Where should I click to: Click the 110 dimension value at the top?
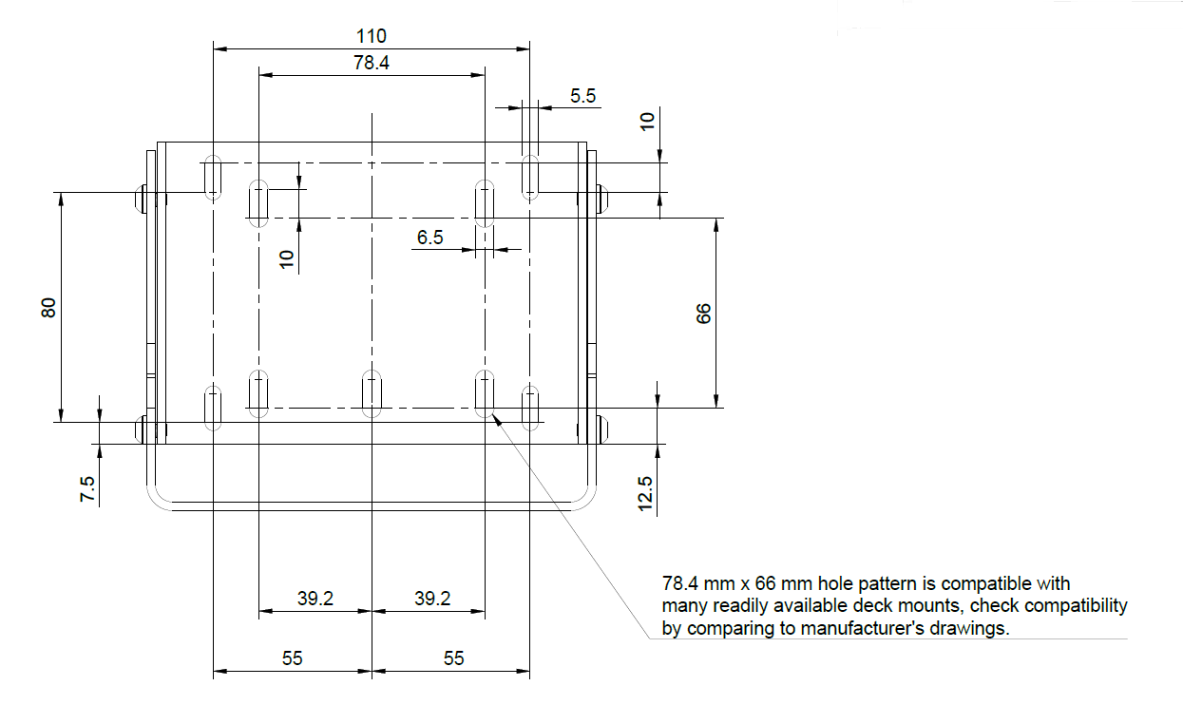[x=372, y=36]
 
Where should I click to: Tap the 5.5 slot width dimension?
[x=582, y=95]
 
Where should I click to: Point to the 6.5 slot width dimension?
[x=429, y=237]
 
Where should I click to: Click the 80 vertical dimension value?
[x=49, y=307]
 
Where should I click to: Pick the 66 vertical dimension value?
[x=703, y=314]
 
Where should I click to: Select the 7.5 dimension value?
[x=87, y=490]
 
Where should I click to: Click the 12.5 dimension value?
[x=646, y=495]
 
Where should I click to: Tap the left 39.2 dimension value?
[x=315, y=599]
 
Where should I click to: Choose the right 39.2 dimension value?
[x=431, y=599]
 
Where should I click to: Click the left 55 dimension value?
[x=293, y=658]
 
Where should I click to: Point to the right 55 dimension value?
[x=454, y=658]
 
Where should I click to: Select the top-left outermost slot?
[x=214, y=176]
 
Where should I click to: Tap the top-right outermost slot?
[x=530, y=176]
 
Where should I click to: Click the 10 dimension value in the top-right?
[x=646, y=121]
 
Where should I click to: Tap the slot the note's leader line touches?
[x=486, y=393]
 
